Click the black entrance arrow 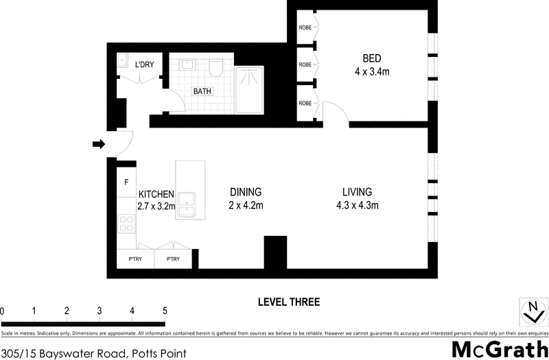(99, 144)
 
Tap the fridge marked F (126, 183)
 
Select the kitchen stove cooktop (126, 223)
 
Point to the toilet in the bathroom (215, 67)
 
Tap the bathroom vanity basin (187, 65)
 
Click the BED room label (373, 58)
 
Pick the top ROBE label (305, 28)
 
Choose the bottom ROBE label (305, 103)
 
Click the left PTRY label (135, 259)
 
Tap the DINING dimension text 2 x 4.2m (246, 205)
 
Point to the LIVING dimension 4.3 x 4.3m (358, 205)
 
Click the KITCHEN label (156, 194)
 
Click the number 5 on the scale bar (165, 311)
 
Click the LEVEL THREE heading (289, 302)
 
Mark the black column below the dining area (275, 252)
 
